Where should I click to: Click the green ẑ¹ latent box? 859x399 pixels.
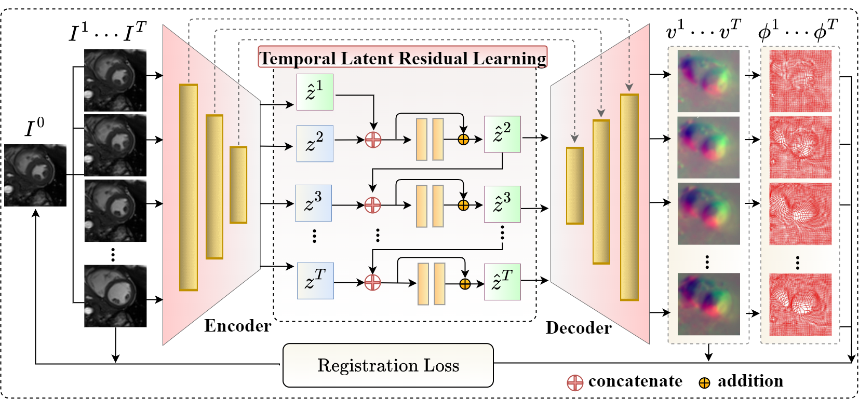(x=315, y=92)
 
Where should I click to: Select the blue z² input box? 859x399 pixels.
(x=315, y=143)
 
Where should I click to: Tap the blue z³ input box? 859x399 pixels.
(x=313, y=203)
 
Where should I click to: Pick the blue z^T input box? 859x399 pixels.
(x=315, y=281)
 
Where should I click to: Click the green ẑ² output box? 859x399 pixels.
(x=502, y=134)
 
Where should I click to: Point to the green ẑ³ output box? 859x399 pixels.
(x=502, y=204)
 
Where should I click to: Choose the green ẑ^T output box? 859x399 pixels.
(x=502, y=282)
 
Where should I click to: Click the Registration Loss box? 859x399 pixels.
(x=388, y=365)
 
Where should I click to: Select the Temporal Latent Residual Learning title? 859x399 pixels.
(x=402, y=58)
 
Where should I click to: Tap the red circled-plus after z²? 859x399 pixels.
(x=373, y=140)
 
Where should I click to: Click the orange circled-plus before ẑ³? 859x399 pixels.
(x=463, y=205)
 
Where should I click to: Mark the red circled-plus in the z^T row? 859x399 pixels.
(x=372, y=283)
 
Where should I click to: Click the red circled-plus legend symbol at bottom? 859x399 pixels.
(x=575, y=383)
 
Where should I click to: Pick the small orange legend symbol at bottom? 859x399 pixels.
(x=704, y=383)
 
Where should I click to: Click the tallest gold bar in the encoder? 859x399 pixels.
(x=189, y=187)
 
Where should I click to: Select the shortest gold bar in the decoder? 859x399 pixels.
(x=575, y=186)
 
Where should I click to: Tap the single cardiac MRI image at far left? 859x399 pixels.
(x=35, y=175)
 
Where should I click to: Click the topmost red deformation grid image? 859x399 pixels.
(x=800, y=80)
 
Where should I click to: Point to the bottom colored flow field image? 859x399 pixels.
(x=708, y=304)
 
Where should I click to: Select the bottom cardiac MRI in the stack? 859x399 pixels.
(x=115, y=296)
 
